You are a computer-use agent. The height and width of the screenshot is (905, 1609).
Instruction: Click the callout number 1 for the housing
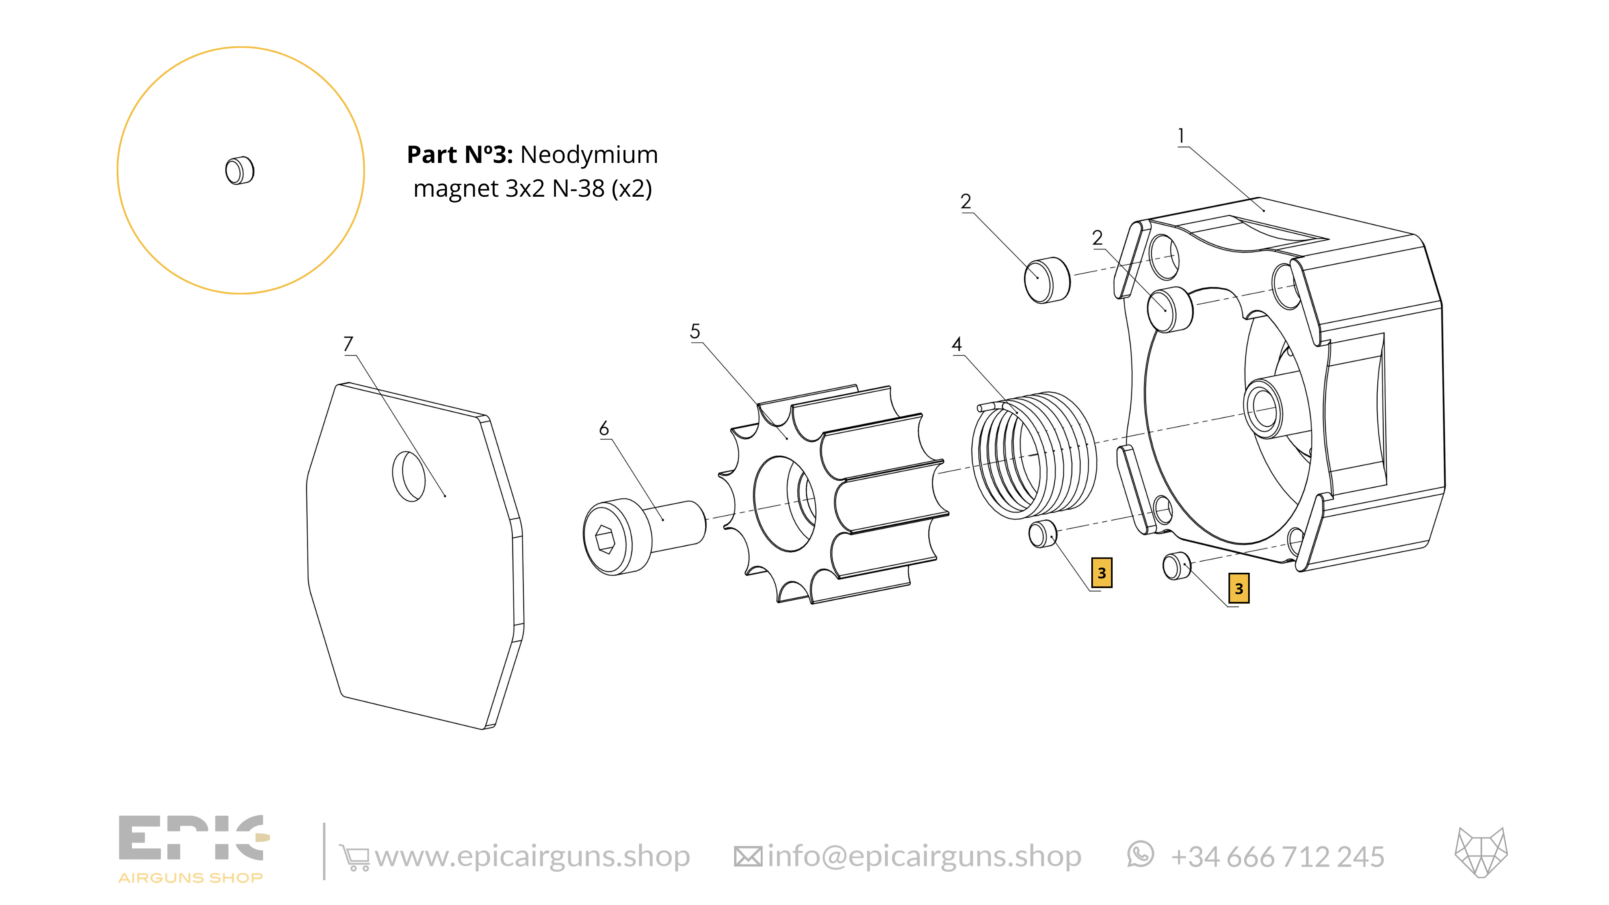coord(1181,136)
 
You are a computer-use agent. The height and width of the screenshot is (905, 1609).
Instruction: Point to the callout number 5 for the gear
coord(695,331)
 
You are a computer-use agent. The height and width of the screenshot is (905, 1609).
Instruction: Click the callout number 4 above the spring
coord(956,344)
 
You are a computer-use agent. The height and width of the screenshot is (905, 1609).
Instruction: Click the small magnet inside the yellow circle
coord(240,171)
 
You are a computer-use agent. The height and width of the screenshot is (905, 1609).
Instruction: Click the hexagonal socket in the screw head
coord(605,539)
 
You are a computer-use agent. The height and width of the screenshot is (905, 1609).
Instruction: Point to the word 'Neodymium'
coord(589,154)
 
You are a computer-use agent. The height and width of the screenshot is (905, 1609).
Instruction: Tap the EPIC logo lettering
coord(193,838)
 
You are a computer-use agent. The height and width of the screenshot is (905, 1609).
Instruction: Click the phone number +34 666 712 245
coord(1277,857)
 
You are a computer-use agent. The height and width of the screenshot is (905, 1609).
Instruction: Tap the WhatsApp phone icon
coord(1140,854)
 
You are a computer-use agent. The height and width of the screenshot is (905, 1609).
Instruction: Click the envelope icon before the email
coord(748,857)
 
